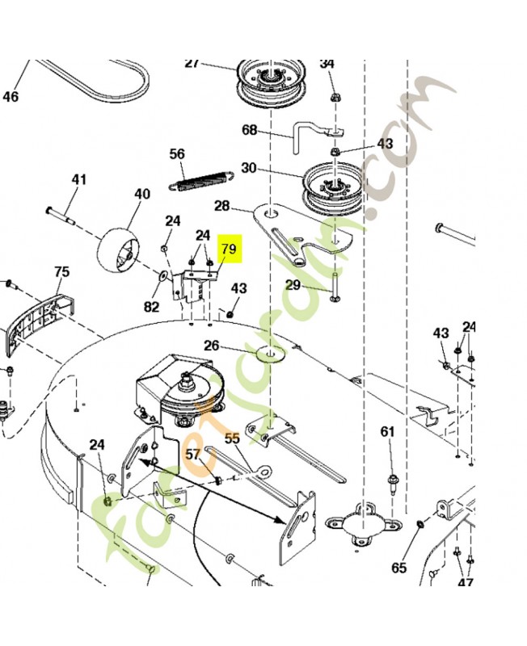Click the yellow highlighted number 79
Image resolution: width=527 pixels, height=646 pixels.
click(229, 249)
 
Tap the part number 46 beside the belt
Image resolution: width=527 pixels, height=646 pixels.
click(11, 97)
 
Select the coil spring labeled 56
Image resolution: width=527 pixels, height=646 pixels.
click(201, 180)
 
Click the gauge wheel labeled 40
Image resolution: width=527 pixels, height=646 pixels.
click(118, 250)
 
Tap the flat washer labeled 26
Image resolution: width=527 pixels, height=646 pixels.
click(270, 354)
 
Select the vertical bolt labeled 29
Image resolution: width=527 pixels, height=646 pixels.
click(334, 287)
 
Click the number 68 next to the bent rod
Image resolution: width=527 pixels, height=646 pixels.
click(250, 130)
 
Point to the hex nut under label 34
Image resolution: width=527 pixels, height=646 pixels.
click(334, 98)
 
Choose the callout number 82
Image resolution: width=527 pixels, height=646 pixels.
click(151, 307)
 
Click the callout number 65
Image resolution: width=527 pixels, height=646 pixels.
click(398, 568)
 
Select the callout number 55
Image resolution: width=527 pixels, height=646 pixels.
click(232, 438)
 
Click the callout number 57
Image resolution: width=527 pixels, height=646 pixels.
click(192, 454)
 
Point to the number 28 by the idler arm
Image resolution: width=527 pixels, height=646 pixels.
click(221, 206)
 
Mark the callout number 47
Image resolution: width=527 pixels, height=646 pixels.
click(465, 582)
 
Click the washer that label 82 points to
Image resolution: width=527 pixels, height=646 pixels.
click(162, 275)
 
